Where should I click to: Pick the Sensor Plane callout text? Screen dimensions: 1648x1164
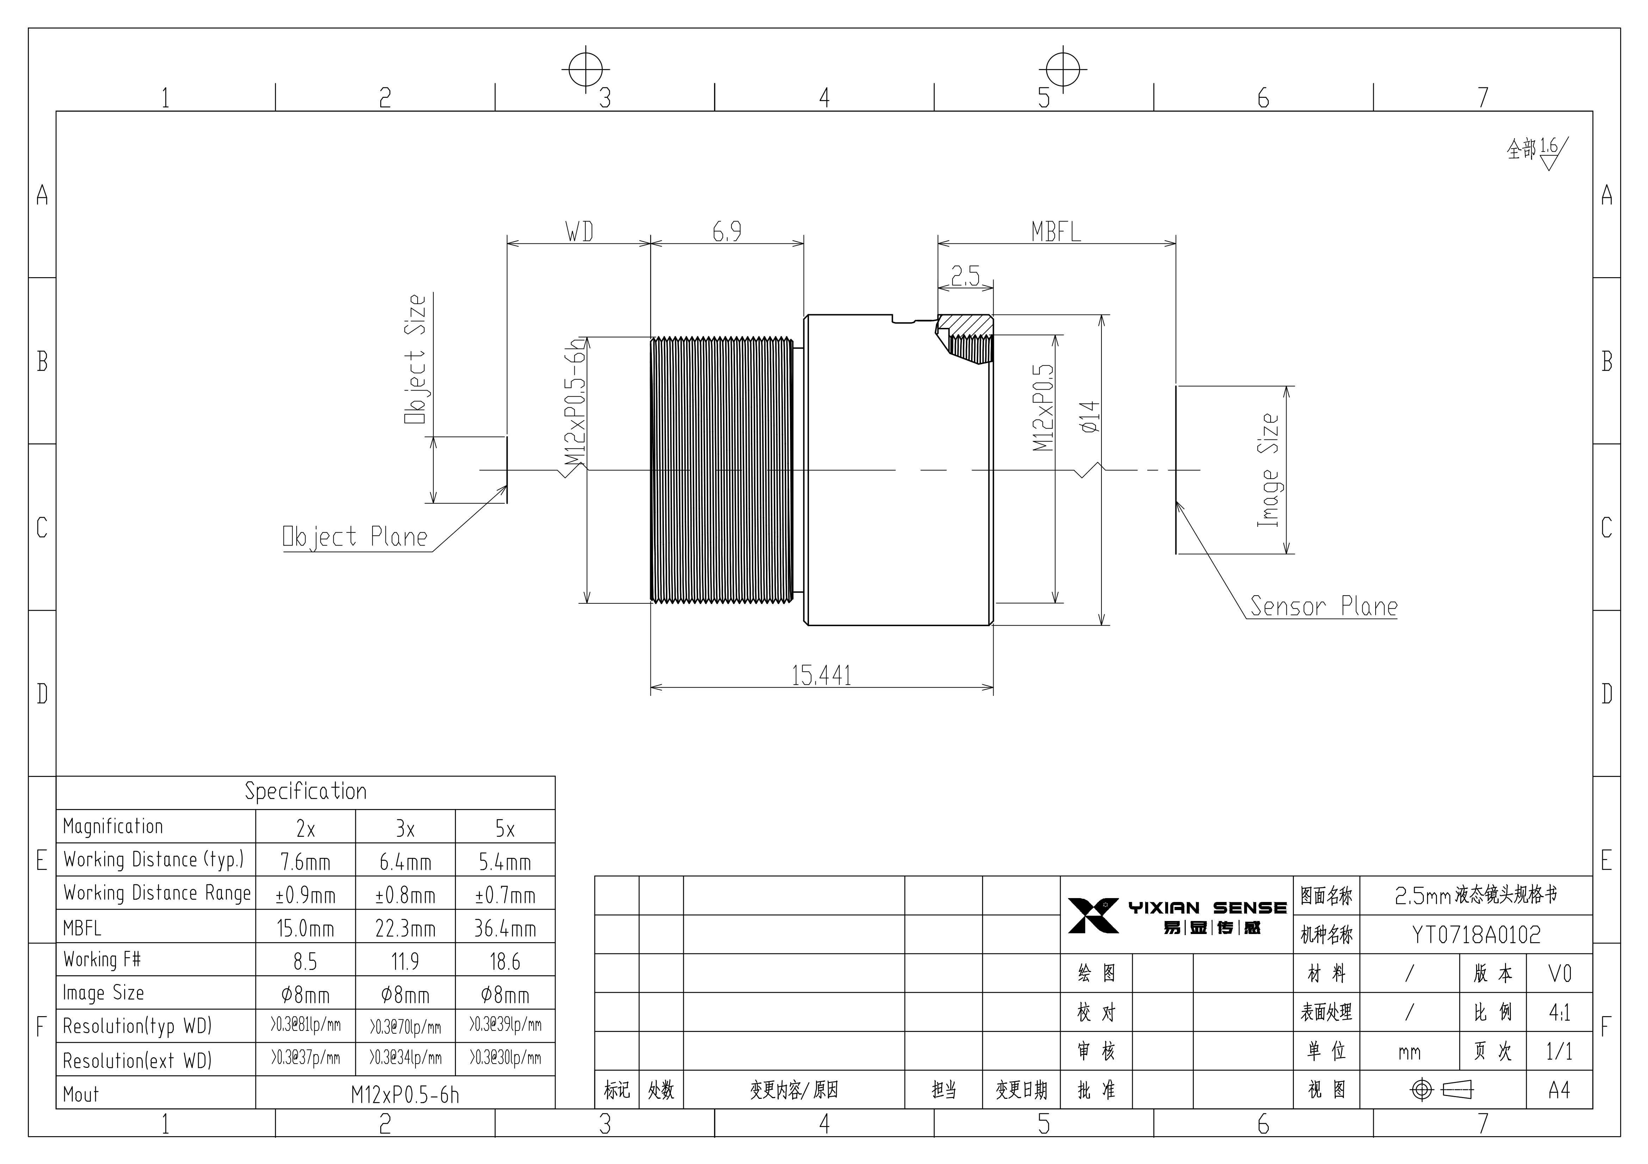point(1323,606)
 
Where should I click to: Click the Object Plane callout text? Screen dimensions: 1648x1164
point(355,537)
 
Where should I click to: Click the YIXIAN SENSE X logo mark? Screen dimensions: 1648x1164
point(1093,915)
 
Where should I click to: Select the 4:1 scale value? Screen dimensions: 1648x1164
point(1559,1013)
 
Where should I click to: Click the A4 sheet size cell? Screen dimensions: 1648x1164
point(1559,1090)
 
